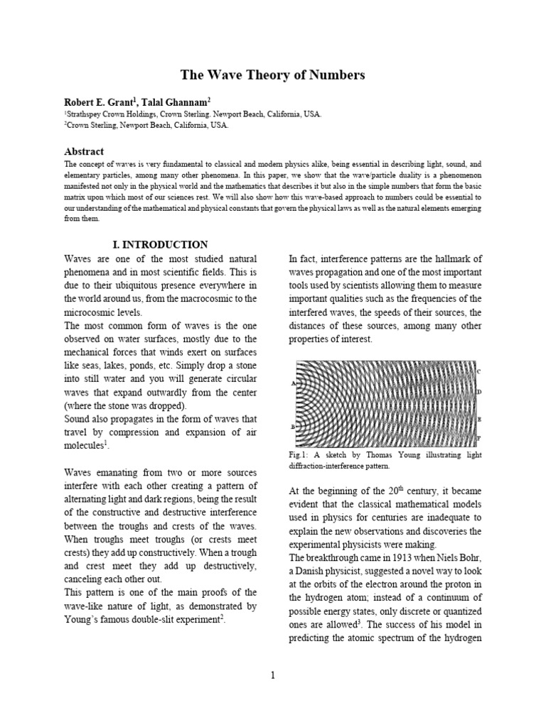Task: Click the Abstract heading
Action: pyautogui.click(x=84, y=151)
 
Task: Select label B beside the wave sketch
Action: pyautogui.click(x=293, y=427)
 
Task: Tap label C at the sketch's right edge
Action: pyautogui.click(x=478, y=371)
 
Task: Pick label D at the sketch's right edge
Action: pyautogui.click(x=478, y=392)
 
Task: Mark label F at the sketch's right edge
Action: pyautogui.click(x=478, y=438)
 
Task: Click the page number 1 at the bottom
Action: pyautogui.click(x=272, y=674)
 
